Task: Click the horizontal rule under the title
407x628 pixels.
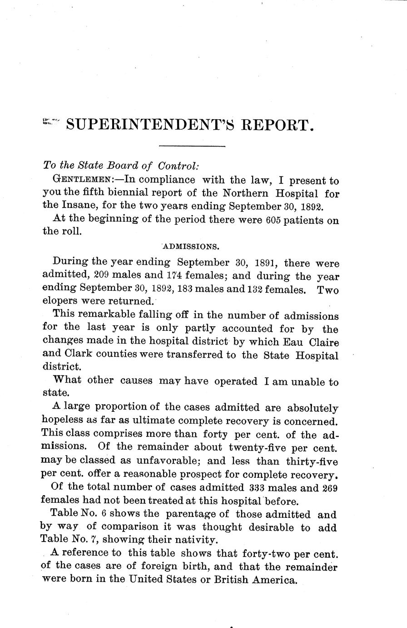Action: (x=192, y=146)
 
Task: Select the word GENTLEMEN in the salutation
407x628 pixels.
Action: (x=87, y=180)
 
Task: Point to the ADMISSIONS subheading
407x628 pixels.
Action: (x=191, y=247)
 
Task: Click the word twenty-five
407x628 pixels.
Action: (x=258, y=447)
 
